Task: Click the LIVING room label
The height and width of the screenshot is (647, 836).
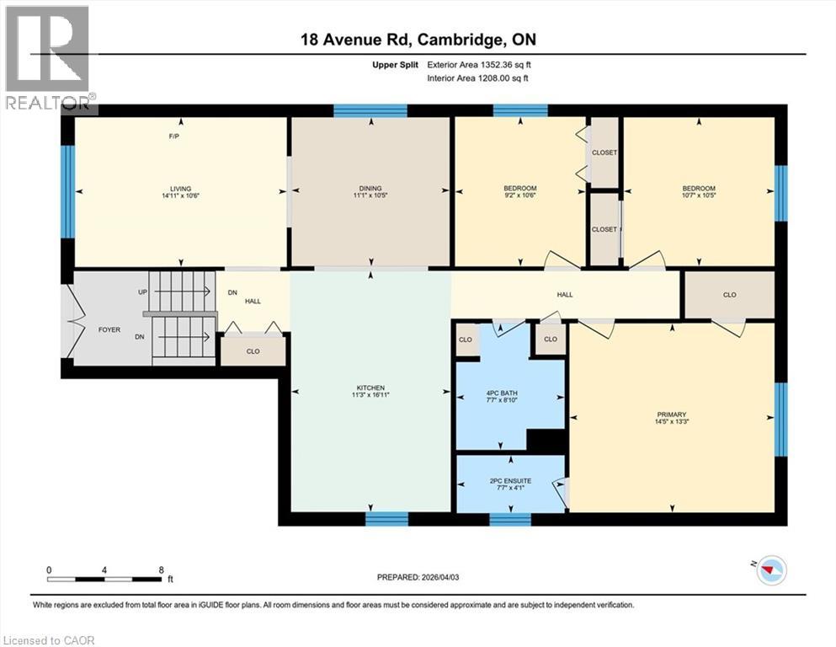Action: point(180,189)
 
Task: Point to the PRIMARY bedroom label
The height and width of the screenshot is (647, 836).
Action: point(672,414)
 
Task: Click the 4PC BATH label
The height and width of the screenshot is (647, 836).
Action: point(509,393)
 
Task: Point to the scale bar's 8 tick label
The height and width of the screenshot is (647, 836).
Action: point(160,569)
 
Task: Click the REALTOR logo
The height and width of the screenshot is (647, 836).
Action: point(48,60)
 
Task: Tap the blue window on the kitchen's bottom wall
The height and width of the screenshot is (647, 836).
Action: point(386,518)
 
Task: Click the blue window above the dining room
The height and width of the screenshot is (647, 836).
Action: point(370,110)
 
